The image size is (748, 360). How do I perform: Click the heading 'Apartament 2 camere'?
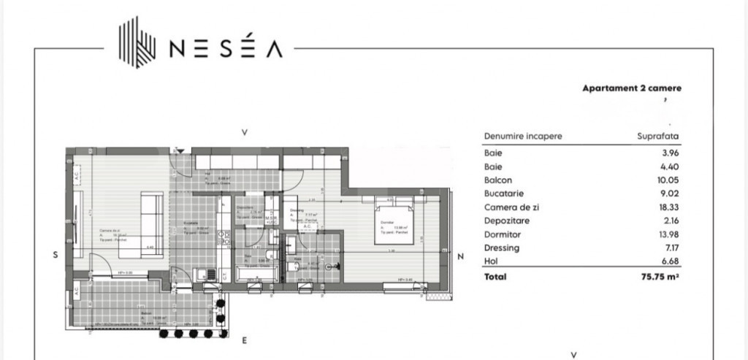pos(631,88)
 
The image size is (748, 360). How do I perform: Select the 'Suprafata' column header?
pos(659,137)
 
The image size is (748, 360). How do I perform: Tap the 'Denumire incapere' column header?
pos(523,137)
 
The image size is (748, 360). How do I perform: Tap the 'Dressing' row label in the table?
pos(501,248)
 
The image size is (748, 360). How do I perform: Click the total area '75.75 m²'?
pos(660,277)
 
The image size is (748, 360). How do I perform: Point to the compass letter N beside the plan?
pos(460,256)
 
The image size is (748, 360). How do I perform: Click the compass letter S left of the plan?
pos(55,255)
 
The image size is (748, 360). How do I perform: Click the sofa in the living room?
pos(151,225)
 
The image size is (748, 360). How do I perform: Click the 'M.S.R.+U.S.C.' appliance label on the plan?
pos(271,219)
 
